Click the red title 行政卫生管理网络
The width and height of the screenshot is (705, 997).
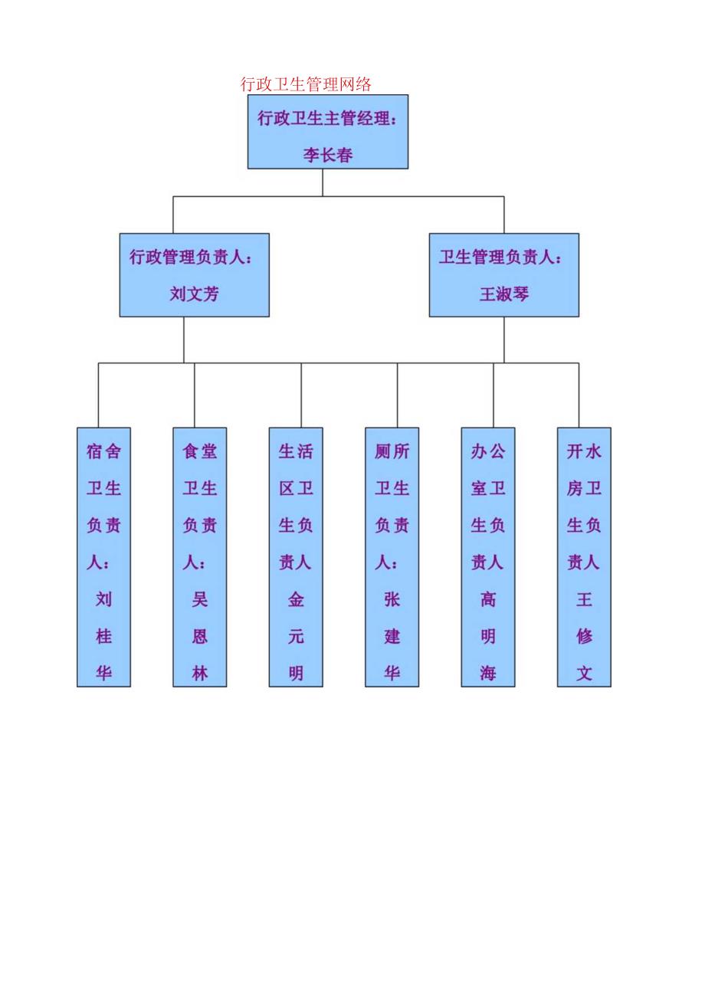(306, 84)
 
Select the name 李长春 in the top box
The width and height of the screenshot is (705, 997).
(328, 155)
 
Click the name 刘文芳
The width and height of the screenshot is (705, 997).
(194, 294)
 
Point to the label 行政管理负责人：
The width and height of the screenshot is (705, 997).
(191, 257)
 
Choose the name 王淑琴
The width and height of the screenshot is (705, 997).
(503, 294)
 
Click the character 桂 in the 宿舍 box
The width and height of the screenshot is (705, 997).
(103, 636)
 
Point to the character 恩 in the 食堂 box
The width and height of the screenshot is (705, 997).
(200, 636)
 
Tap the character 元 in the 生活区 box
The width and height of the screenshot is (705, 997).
(296, 636)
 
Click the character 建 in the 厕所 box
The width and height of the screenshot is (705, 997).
(392, 636)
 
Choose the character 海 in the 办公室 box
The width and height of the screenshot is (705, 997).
(488, 674)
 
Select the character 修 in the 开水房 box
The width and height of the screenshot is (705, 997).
(584, 636)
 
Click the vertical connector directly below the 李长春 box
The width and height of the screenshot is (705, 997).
(323, 182)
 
